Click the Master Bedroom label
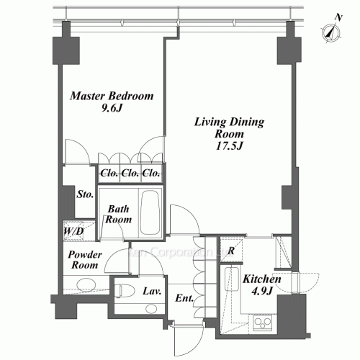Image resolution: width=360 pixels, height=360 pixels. (x=111, y=96)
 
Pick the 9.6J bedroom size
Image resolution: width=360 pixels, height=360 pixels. (x=111, y=109)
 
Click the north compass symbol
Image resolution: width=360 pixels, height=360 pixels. (x=331, y=30)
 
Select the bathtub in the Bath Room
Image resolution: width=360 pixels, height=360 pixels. (x=150, y=212)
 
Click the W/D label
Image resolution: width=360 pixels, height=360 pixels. (x=73, y=232)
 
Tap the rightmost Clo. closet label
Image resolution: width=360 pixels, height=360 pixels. (x=150, y=174)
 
